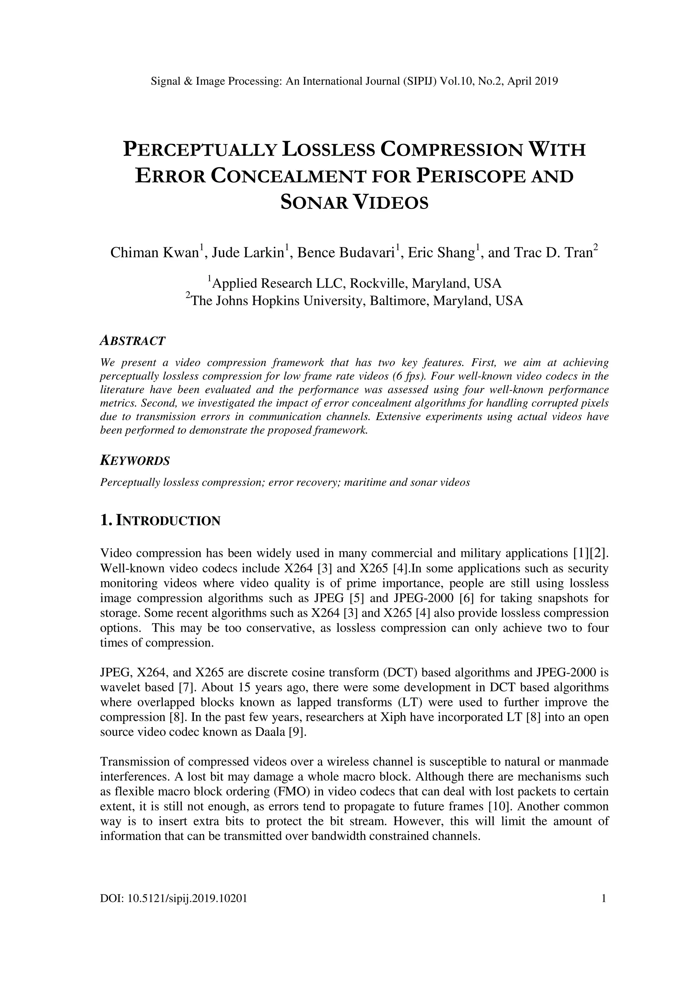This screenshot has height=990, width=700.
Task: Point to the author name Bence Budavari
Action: [346, 252]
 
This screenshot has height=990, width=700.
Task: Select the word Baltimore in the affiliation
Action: [399, 301]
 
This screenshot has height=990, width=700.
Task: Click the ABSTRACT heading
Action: [132, 341]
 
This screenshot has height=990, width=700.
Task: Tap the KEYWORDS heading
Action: [135, 461]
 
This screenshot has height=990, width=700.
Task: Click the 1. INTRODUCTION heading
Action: [160, 521]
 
